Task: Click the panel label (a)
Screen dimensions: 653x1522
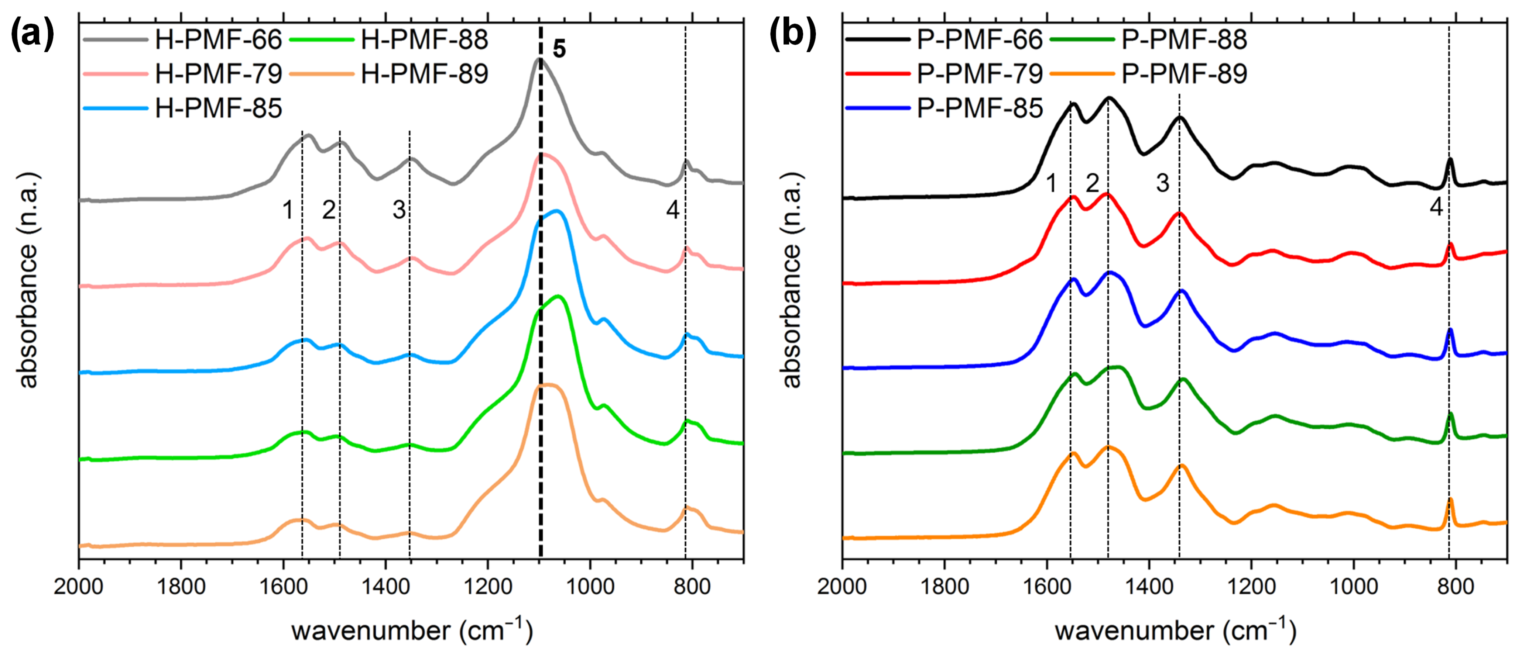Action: point(32,34)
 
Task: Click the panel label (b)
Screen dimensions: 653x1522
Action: point(792,34)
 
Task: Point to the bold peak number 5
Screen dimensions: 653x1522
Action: point(559,49)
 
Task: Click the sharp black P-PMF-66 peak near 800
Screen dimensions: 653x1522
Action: point(1449,160)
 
